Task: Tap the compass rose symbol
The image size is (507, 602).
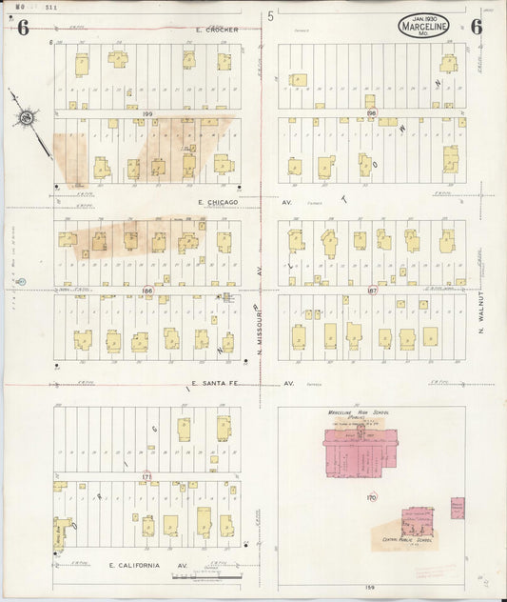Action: tap(27, 118)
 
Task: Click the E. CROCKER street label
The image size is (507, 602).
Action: tap(216, 30)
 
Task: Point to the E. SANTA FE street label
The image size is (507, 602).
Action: tap(218, 383)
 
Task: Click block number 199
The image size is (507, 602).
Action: tap(147, 113)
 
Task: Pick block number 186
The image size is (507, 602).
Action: tap(147, 290)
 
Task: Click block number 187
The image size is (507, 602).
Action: tap(372, 290)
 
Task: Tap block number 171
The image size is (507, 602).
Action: tap(146, 475)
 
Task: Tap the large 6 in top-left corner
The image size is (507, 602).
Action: tap(22, 27)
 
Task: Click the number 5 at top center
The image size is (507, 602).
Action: tap(270, 16)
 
